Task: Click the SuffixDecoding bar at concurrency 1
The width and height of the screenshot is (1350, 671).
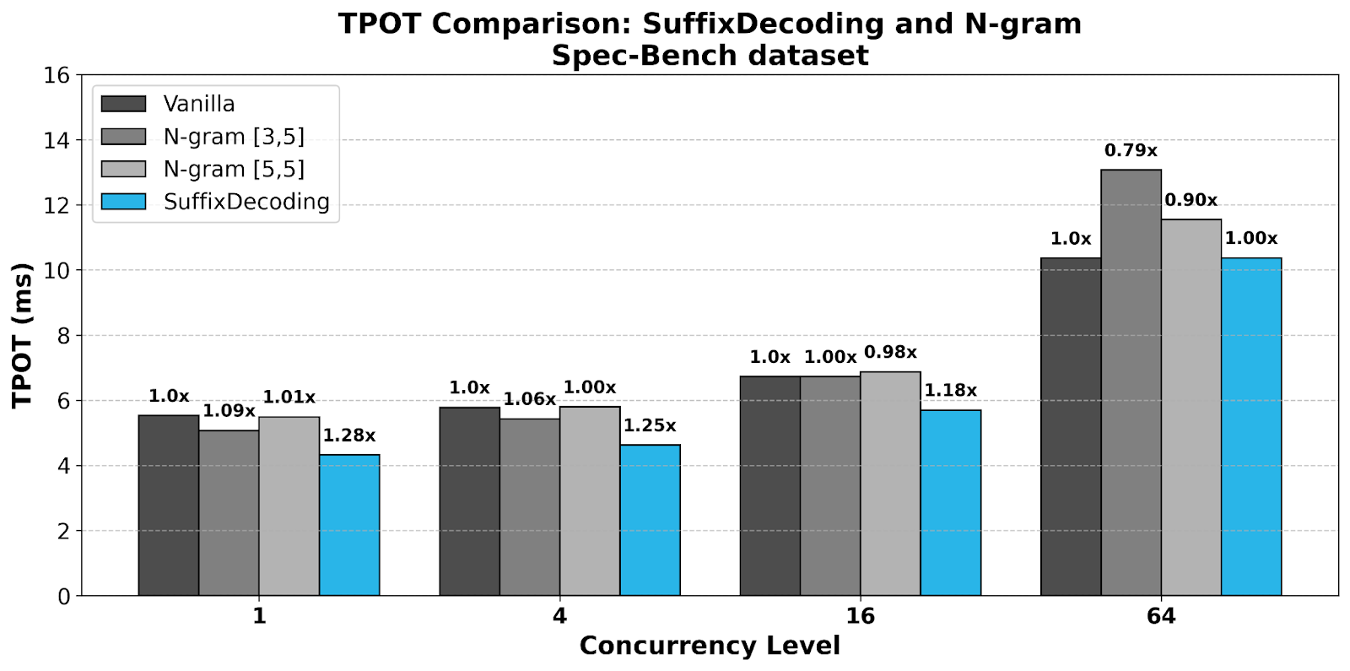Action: click(x=349, y=525)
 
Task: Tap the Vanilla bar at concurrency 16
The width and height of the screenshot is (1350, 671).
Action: click(x=769, y=486)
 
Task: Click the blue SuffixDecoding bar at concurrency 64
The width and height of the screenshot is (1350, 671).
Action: click(x=1251, y=427)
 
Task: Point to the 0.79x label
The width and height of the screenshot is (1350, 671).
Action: click(x=1131, y=151)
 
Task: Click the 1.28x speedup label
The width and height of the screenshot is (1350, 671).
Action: click(x=349, y=436)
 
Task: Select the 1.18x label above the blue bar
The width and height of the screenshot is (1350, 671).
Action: click(x=950, y=391)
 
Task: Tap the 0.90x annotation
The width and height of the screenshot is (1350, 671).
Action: click(x=1191, y=201)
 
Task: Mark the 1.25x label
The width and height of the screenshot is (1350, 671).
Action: click(x=650, y=426)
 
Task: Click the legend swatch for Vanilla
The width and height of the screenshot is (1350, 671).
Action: click(x=123, y=104)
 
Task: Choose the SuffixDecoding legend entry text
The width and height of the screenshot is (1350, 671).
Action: click(x=246, y=203)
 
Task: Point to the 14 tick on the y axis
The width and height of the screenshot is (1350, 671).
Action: click(x=57, y=140)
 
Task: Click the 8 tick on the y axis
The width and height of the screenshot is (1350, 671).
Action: click(x=63, y=336)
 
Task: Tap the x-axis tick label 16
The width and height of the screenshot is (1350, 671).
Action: click(x=860, y=616)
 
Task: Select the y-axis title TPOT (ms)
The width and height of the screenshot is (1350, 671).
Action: click(x=23, y=335)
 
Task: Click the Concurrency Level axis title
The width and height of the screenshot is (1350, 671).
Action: click(x=710, y=646)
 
